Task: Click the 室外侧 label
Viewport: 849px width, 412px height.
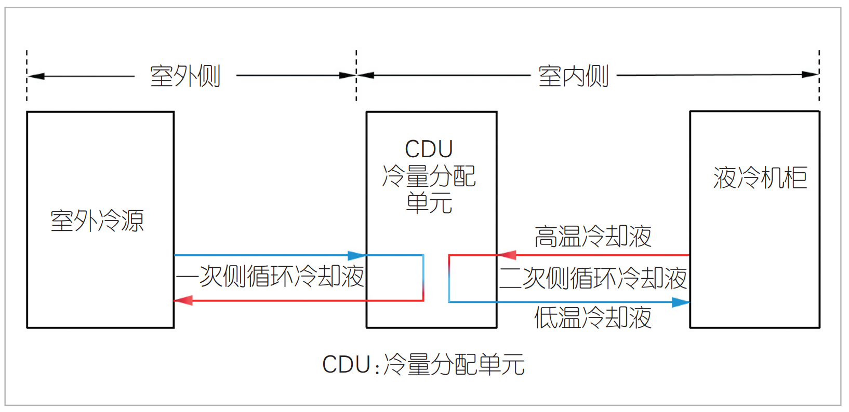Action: coord(185,76)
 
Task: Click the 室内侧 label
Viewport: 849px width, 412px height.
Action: coord(573,76)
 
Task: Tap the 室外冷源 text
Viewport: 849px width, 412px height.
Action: coord(97,221)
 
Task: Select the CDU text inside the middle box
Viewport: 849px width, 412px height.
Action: coord(429,149)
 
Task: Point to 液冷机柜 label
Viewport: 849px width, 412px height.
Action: coord(760,178)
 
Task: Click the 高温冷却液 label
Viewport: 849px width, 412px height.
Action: coord(593,237)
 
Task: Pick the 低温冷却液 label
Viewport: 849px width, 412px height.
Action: coord(593,318)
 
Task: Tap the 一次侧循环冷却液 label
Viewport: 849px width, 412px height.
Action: coord(270,277)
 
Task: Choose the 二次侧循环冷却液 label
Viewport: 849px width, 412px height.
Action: coord(593,278)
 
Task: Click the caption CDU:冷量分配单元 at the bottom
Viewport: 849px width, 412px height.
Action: coord(423,364)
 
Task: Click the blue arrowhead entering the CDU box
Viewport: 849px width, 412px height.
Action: coord(357,255)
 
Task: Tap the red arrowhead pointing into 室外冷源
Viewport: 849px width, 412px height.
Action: coord(182,300)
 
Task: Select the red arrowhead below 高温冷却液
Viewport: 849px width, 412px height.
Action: coord(507,255)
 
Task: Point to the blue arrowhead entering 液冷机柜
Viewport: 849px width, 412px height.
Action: coord(681,302)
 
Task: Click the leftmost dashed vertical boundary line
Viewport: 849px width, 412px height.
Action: coord(27,75)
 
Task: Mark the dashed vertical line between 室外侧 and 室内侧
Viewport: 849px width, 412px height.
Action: coord(356,75)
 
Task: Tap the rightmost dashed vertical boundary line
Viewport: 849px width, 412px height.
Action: coord(819,75)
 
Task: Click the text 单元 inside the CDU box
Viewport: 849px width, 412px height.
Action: coord(429,203)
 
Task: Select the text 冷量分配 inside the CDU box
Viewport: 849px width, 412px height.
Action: coord(429,176)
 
